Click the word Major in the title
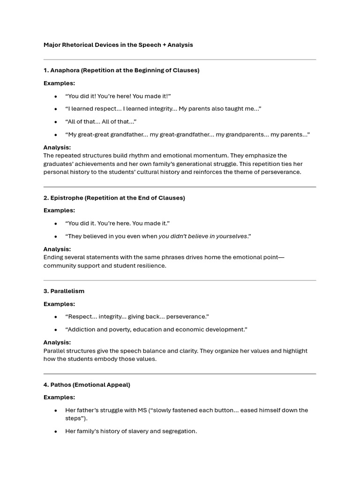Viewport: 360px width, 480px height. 52,45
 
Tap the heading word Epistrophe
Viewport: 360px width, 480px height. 66,198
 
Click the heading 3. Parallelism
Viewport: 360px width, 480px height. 64,291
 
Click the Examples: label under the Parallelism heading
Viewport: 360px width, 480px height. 59,304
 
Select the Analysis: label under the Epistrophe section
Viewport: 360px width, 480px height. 57,249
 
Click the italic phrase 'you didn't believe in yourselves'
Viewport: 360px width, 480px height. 202,236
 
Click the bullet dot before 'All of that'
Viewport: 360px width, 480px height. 56,122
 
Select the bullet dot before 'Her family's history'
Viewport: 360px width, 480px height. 56,431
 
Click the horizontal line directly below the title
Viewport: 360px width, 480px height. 180,60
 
